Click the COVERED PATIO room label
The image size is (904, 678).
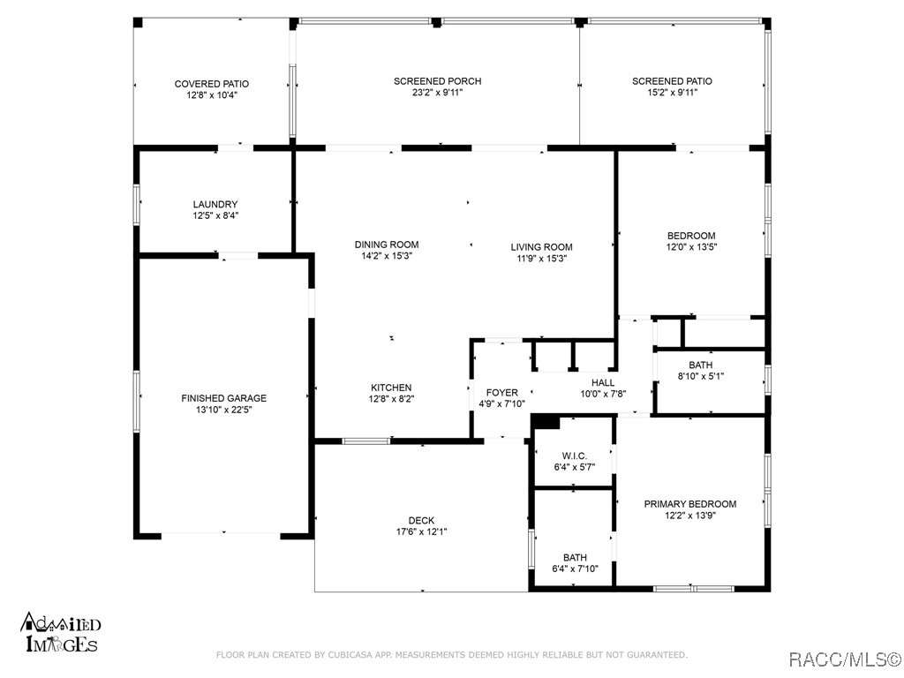[x=212, y=84]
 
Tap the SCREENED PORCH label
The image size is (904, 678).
[x=438, y=81]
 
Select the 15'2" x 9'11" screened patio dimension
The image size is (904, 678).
[x=672, y=92]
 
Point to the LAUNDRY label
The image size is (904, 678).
[x=215, y=204]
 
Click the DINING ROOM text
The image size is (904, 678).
[x=387, y=245]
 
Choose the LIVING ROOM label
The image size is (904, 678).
[x=541, y=247]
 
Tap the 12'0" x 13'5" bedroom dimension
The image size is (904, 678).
[x=691, y=247]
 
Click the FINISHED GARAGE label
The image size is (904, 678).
[x=223, y=398]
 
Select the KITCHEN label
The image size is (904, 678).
[x=391, y=388]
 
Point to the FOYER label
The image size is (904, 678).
[x=501, y=393]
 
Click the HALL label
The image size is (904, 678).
[x=603, y=383]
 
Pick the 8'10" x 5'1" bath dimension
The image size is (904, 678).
[x=700, y=376]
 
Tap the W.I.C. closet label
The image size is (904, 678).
[x=574, y=456]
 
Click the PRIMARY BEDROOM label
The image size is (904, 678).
[x=690, y=504]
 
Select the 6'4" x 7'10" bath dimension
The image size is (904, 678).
[x=575, y=569]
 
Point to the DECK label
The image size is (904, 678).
[x=421, y=521]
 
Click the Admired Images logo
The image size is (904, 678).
[x=61, y=632]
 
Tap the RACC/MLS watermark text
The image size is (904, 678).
[x=844, y=659]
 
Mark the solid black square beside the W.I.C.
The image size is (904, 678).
[x=546, y=422]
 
